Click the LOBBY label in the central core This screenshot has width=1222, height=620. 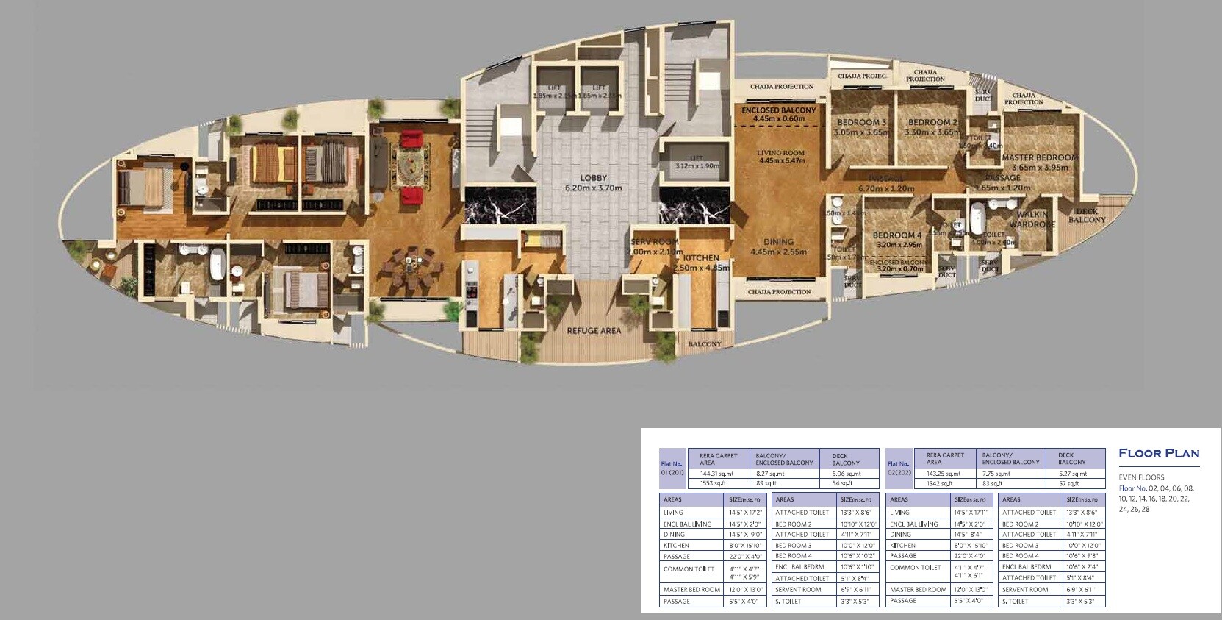(x=593, y=179)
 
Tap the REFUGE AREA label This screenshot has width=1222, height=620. (x=594, y=331)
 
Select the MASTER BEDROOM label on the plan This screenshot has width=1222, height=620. (x=1039, y=157)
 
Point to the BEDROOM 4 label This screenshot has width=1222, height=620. (x=897, y=236)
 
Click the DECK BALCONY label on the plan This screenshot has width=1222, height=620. (x=1086, y=216)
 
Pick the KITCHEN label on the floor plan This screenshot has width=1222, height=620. (x=701, y=258)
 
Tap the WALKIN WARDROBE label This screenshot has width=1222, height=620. (x=1032, y=220)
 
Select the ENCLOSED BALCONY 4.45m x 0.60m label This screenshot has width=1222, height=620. (x=778, y=114)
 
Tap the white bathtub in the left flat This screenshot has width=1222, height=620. (x=217, y=266)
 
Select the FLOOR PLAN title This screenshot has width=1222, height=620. (x=1158, y=454)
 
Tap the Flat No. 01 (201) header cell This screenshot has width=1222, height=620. (x=672, y=468)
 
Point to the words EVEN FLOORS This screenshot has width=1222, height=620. (x=1141, y=477)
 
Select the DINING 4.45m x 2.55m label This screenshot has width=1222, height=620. (x=778, y=246)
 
